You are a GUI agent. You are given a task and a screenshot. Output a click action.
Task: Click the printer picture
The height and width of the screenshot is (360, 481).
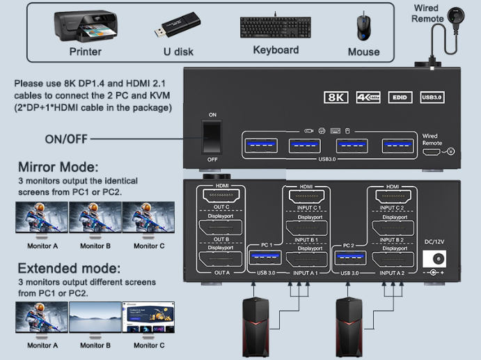click(x=84, y=26)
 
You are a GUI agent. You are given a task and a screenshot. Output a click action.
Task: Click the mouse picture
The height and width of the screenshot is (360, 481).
click(x=363, y=27)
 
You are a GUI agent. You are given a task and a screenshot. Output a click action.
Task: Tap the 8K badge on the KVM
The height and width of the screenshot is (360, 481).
click(x=336, y=97)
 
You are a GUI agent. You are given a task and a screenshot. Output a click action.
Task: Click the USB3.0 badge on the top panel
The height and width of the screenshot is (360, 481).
click(x=432, y=97)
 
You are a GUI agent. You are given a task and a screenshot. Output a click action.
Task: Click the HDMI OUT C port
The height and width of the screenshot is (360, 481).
click(x=222, y=197)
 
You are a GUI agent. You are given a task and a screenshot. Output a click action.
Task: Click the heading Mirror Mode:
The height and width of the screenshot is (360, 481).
click(x=58, y=167)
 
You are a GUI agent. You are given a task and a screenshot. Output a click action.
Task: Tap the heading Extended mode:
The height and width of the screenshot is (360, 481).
click(x=69, y=268)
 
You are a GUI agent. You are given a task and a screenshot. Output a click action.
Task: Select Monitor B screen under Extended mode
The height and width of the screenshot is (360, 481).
click(x=95, y=318)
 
